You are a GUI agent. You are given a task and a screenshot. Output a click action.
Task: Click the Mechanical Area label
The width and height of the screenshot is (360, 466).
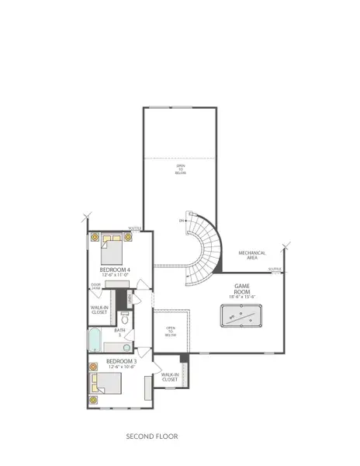[x=252, y=255]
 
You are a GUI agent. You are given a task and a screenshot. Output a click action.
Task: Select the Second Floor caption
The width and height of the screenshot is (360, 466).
[x=152, y=437]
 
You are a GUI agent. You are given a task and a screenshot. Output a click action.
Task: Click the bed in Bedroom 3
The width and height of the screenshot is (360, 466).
[x=106, y=384]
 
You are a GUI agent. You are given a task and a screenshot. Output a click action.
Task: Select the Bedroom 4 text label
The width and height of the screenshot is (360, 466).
[x=114, y=270]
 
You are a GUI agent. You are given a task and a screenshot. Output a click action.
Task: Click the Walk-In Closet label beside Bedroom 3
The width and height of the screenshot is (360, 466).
[x=171, y=377]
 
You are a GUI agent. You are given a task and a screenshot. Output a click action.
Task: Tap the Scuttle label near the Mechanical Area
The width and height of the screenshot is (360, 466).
[x=275, y=270]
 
